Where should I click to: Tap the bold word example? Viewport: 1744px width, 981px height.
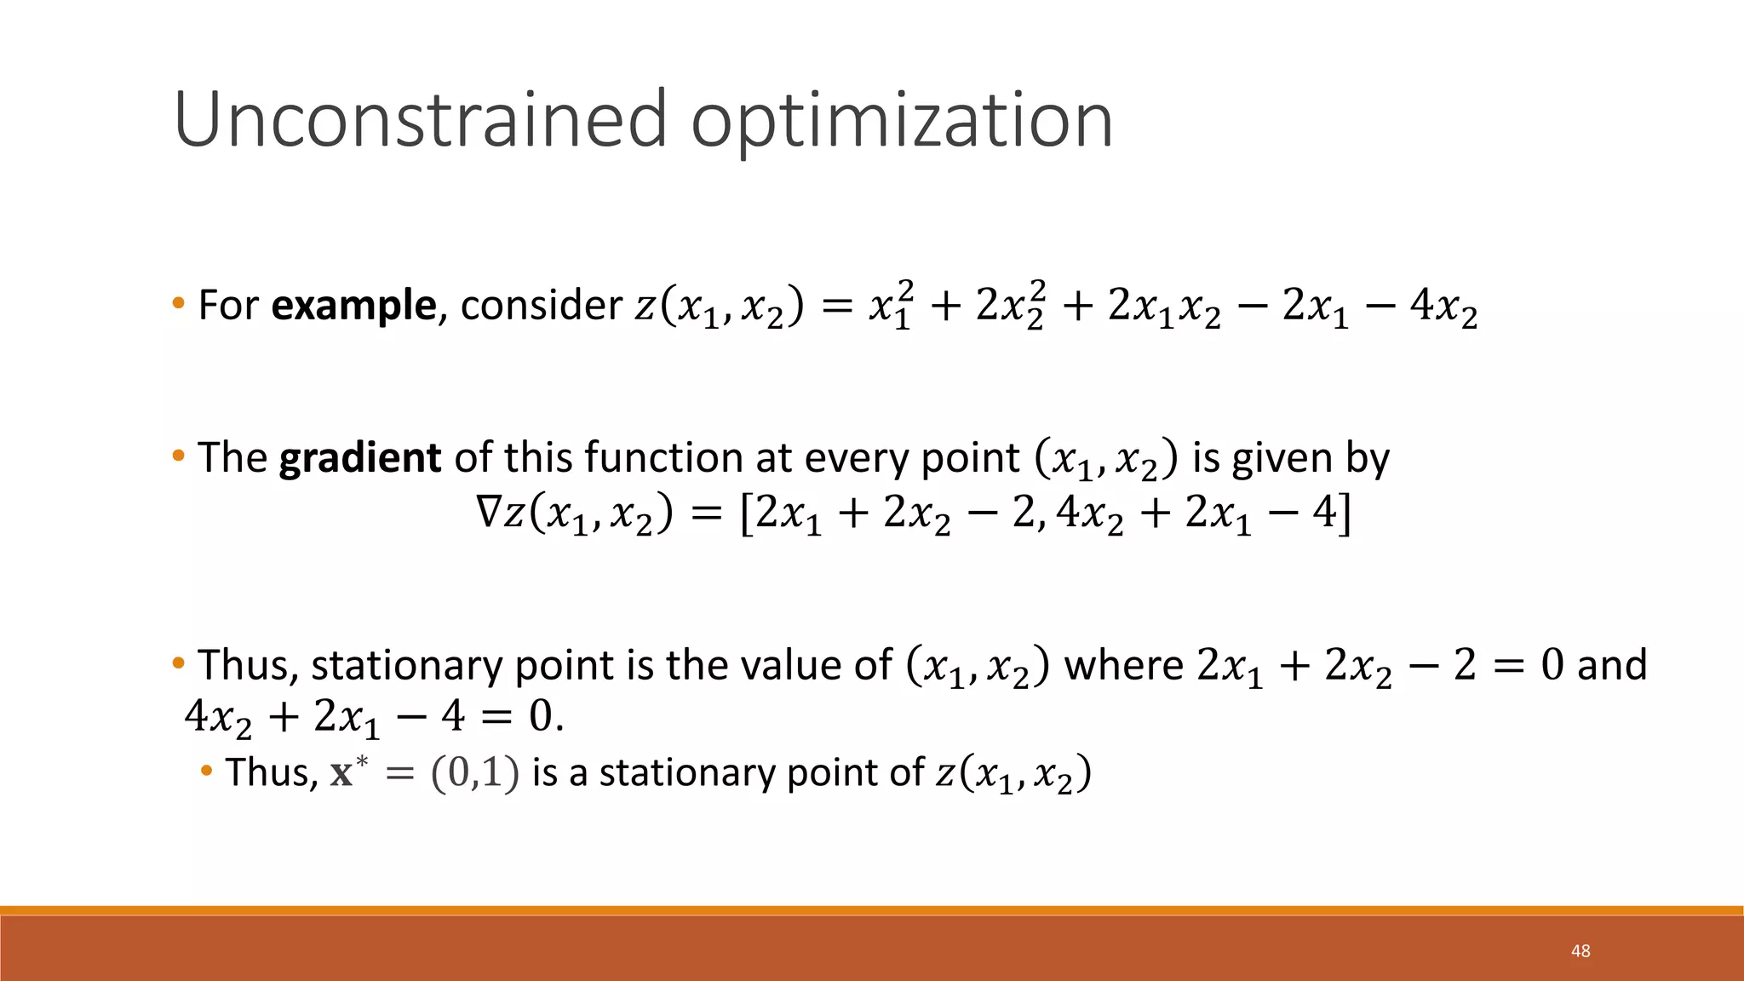coord(353,305)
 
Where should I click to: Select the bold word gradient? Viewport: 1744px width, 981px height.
coord(359,458)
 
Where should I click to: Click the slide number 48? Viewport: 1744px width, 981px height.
coord(1580,951)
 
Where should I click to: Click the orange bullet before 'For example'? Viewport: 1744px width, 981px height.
coord(178,303)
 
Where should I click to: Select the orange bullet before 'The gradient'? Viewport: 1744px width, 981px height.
coord(178,456)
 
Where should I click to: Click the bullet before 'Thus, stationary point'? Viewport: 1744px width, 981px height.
coord(178,663)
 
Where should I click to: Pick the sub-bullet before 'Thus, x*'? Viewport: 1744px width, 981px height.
coord(206,772)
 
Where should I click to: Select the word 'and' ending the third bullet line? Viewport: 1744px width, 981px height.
coord(1611,665)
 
